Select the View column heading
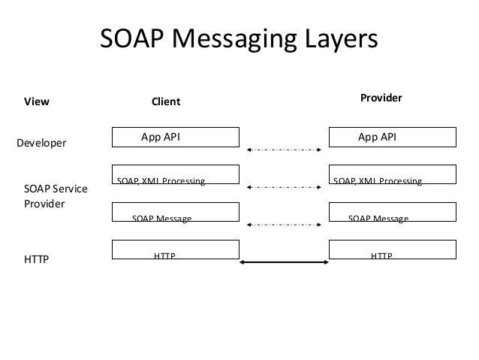[x=37, y=101]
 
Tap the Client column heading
[x=167, y=101]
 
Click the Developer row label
[x=41, y=142]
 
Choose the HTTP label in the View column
[x=37, y=261]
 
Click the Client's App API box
[x=176, y=137]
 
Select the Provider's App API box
[x=393, y=137]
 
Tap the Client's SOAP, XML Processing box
[x=176, y=174]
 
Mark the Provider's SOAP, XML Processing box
[x=393, y=174]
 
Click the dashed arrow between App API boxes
[x=284, y=150]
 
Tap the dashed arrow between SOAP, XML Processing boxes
[x=284, y=187]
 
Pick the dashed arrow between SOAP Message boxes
[x=284, y=224]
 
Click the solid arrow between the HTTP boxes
[x=284, y=262]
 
